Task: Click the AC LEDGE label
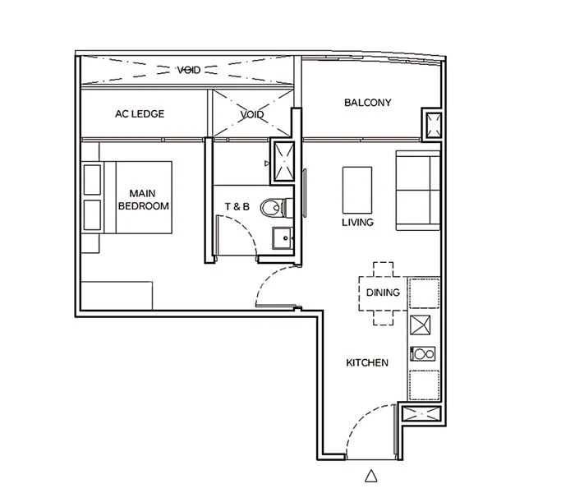140,114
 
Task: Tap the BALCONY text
367,104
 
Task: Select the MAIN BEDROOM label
144,200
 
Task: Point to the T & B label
237,207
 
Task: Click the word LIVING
358,223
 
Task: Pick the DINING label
383,293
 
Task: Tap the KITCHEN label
366,362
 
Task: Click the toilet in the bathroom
271,208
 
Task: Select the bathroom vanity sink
282,237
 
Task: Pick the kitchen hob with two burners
424,355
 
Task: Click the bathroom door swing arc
237,237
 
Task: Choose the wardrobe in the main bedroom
116,295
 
